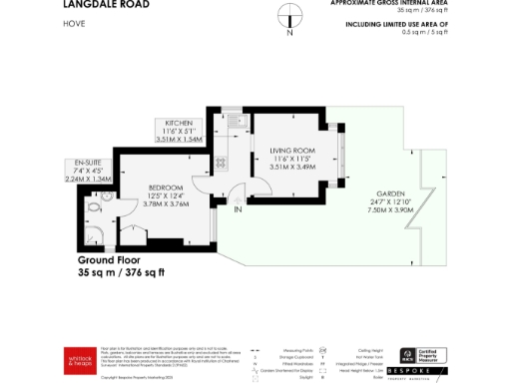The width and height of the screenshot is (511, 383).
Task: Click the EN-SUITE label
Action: (x=80, y=163)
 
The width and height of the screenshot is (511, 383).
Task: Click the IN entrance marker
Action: (x=238, y=210)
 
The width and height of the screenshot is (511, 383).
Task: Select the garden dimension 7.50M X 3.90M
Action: (x=390, y=210)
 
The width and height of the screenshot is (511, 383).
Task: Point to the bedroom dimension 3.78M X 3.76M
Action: (x=168, y=204)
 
